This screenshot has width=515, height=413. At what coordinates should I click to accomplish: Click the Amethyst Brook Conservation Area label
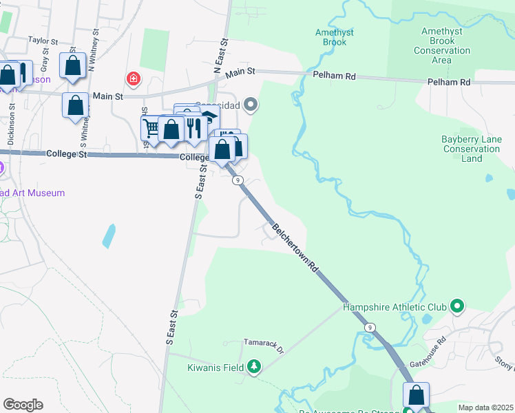tap(445, 45)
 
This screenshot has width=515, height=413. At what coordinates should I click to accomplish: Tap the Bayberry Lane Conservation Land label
tap(472, 149)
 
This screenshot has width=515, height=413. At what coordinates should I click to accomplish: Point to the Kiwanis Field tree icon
tap(255, 368)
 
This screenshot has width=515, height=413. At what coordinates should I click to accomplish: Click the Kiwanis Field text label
tap(216, 368)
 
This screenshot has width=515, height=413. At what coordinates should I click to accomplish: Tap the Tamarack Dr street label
tap(264, 341)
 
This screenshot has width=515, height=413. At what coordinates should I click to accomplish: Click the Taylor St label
tap(41, 41)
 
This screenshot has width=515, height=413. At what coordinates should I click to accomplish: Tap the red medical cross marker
tap(133, 78)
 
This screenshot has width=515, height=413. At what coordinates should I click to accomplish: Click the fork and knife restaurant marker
tap(194, 128)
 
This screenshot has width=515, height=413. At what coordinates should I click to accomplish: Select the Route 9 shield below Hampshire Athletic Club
tap(371, 327)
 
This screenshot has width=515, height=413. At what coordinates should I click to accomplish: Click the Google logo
tap(23, 405)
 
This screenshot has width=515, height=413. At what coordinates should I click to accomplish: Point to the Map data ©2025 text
tap(485, 407)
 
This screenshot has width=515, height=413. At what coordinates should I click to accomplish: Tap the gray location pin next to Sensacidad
tap(251, 105)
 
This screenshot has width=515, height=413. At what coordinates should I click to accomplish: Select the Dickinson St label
tap(12, 124)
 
